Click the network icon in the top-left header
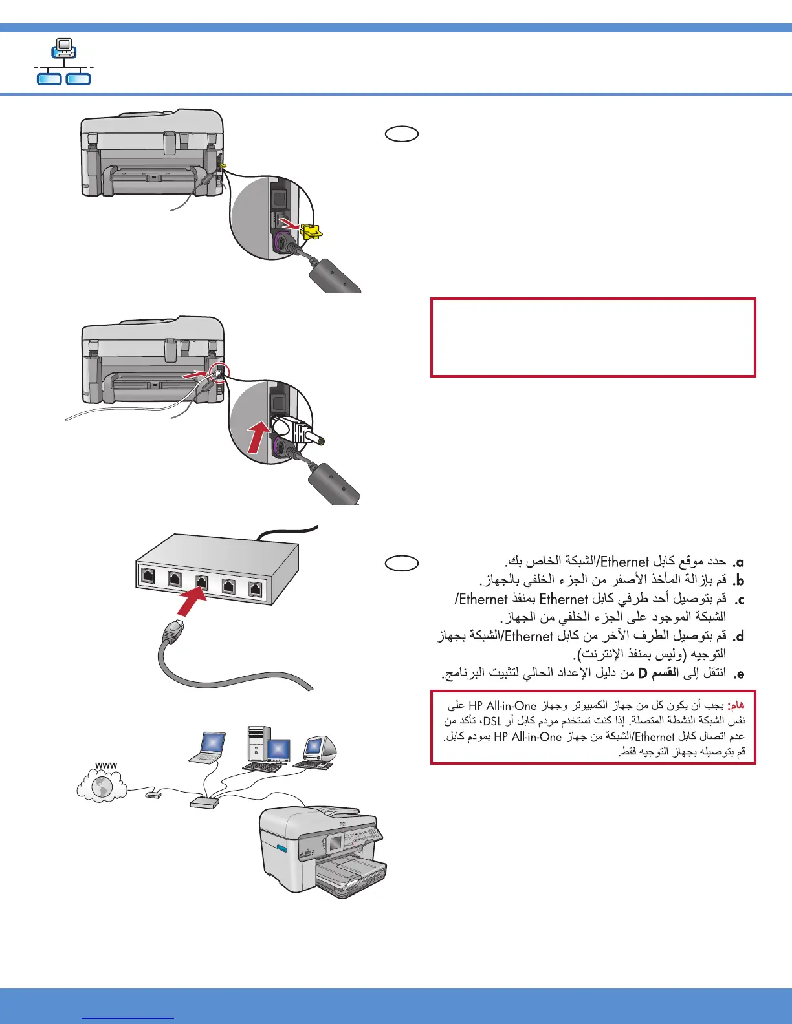tap(63, 62)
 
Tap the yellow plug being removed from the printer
tap(311, 231)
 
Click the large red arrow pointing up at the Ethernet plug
tap(258, 437)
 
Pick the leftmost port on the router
tap(148, 575)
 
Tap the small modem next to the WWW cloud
tap(153, 795)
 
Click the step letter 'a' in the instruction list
tap(738, 562)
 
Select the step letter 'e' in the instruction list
tap(738, 674)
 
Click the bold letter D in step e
tap(643, 674)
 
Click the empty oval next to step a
tap(402, 563)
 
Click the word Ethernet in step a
tap(624, 562)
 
